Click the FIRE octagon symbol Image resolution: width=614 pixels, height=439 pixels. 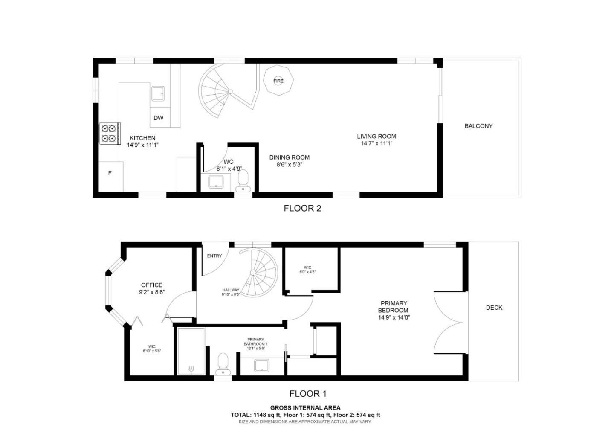(x=278, y=81)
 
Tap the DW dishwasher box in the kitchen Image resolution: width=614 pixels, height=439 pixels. (x=159, y=118)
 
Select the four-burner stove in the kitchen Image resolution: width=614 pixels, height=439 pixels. (x=110, y=133)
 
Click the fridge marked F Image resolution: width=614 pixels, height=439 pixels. (x=110, y=173)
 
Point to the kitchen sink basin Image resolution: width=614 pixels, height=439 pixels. (x=158, y=93)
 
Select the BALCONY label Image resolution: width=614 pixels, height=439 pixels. (x=478, y=126)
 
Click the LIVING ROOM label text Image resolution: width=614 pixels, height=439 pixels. (x=377, y=137)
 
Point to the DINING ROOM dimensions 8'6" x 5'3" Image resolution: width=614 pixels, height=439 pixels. (x=289, y=164)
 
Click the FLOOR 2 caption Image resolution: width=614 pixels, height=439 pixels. (x=302, y=208)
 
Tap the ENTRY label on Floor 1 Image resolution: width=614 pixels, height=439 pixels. (x=214, y=256)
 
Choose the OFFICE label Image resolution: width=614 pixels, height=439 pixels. (x=152, y=285)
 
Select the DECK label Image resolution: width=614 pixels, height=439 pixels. (x=494, y=308)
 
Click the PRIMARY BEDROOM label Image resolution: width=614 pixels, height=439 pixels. (x=393, y=307)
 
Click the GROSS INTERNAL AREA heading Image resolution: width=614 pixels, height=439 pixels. (x=305, y=408)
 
